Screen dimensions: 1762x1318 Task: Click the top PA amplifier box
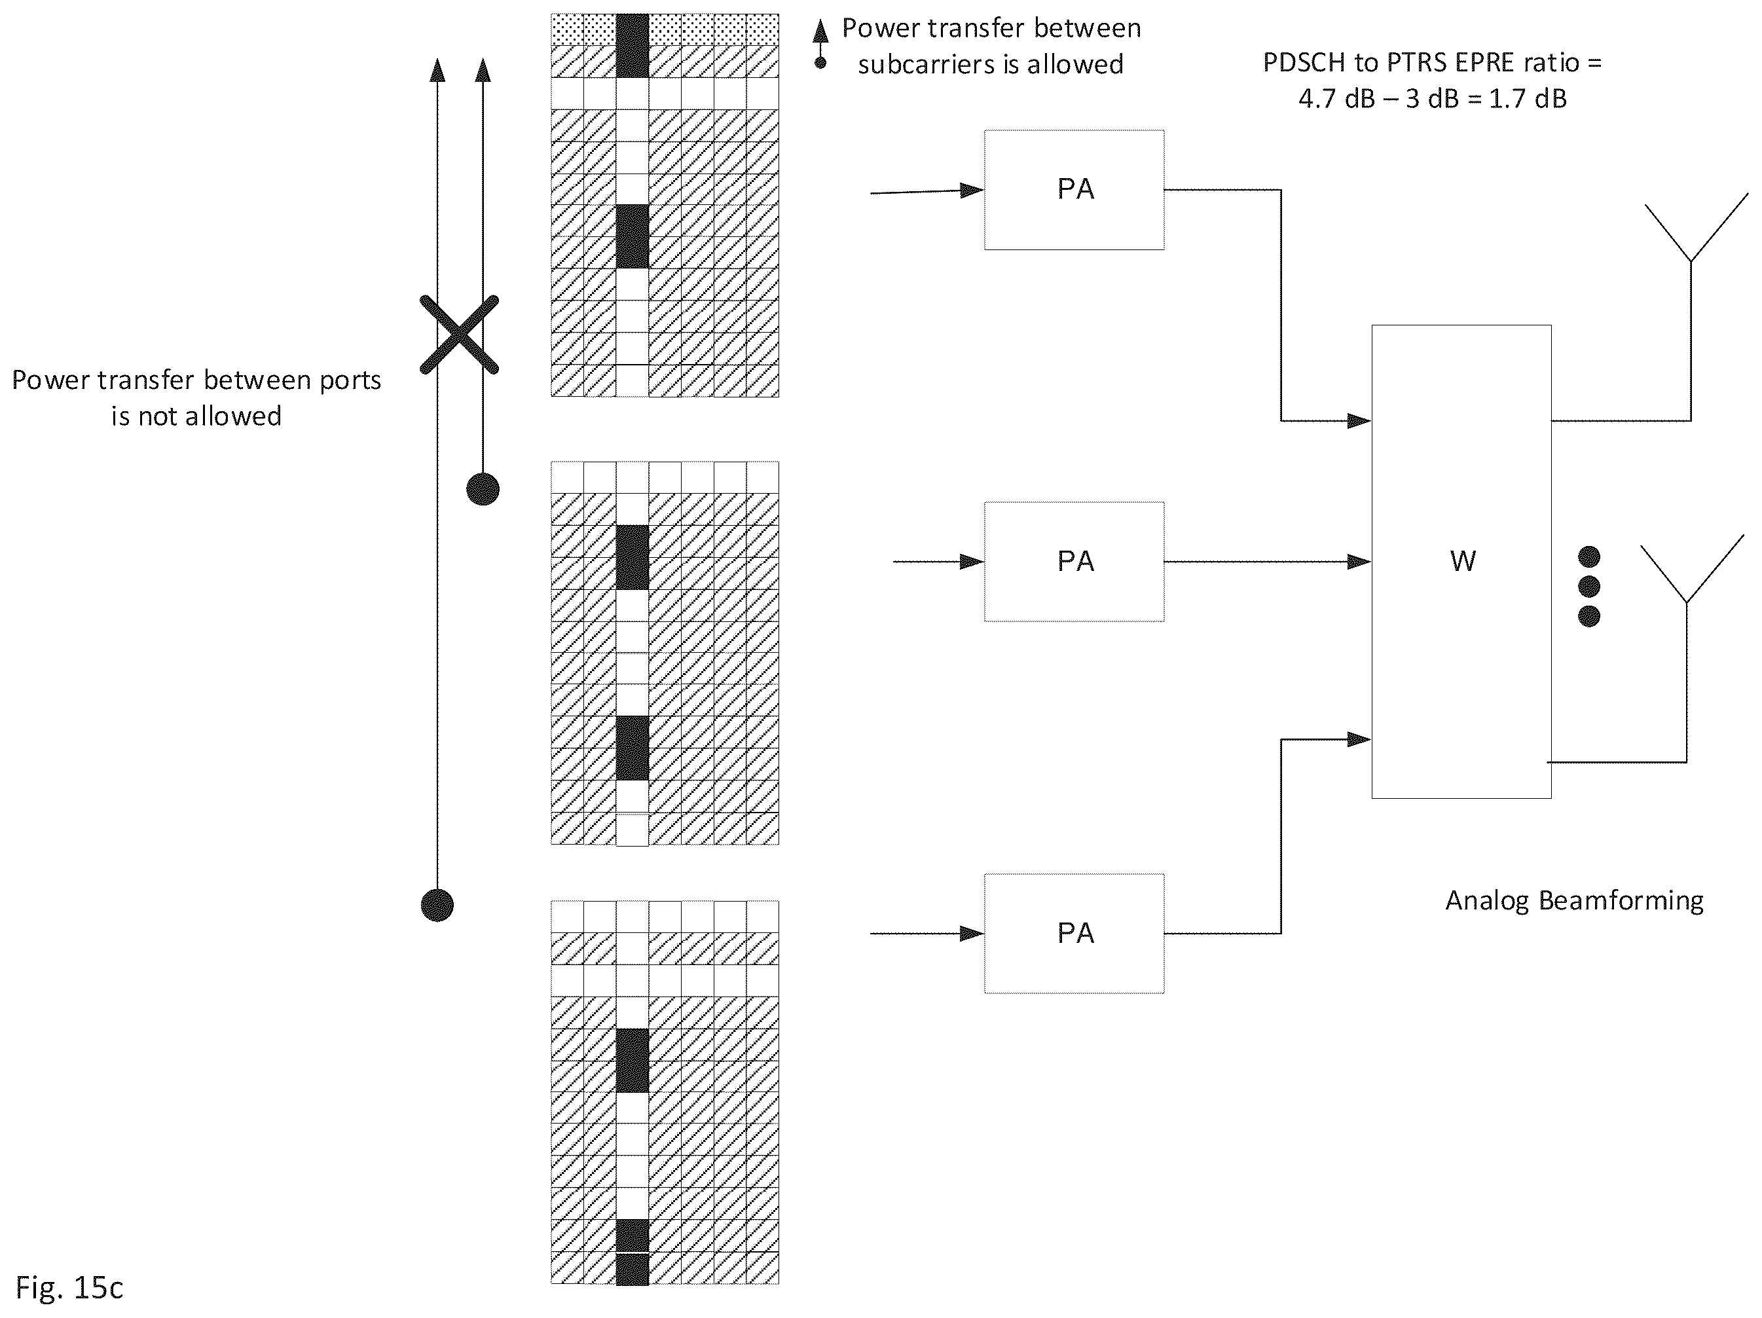click(x=1074, y=189)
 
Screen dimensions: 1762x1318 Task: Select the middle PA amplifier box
click(x=1074, y=562)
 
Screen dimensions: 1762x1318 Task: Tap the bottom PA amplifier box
click(x=1074, y=934)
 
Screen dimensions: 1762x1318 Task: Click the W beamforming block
click(x=1461, y=562)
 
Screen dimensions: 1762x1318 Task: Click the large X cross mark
click(x=460, y=335)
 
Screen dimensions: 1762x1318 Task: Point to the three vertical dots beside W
click(x=1588, y=586)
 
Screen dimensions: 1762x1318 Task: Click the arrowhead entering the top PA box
click(x=972, y=191)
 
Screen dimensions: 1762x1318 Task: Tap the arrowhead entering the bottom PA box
click(x=972, y=934)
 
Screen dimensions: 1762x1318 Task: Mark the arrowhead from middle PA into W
click(x=1359, y=562)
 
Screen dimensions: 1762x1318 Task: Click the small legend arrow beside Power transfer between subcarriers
click(x=820, y=45)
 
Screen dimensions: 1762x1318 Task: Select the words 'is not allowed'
click(x=196, y=416)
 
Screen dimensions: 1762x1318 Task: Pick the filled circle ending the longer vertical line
click(x=437, y=906)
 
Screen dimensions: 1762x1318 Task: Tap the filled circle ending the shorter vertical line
click(x=483, y=489)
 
